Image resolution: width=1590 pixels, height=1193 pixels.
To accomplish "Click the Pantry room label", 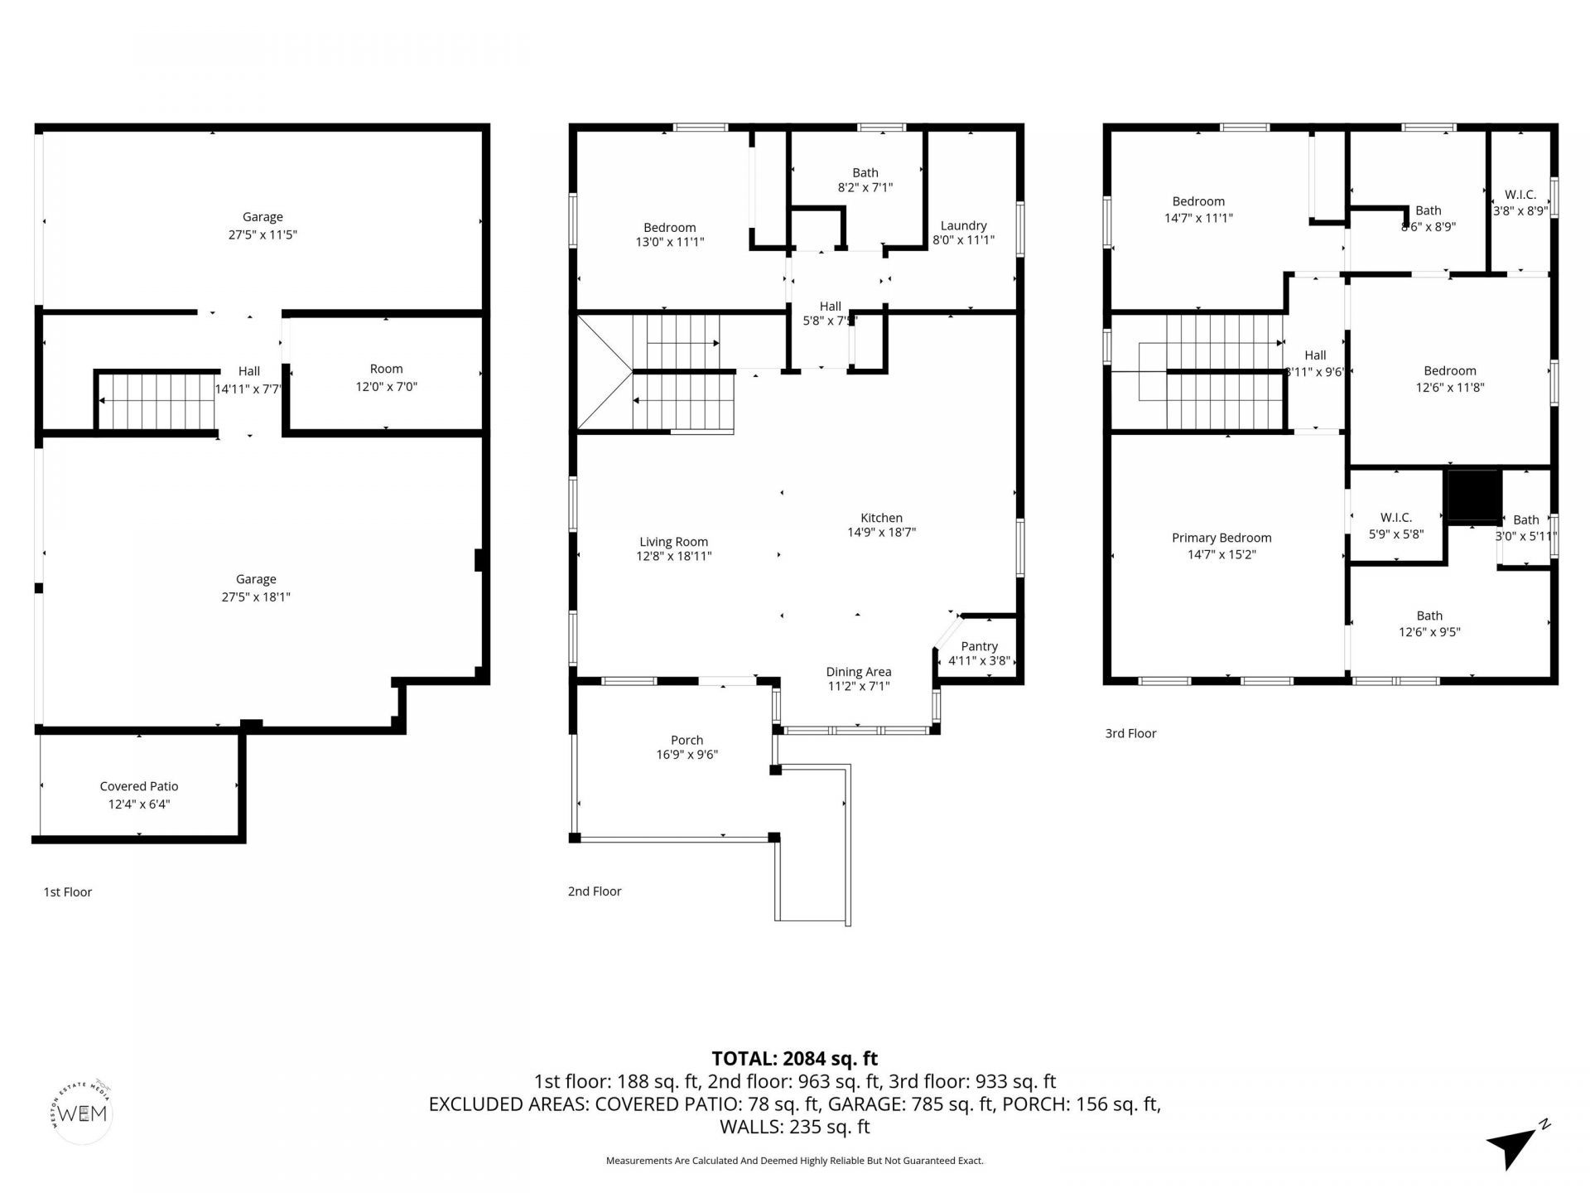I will [979, 646].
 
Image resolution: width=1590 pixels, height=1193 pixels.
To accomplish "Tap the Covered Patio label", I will [139, 786].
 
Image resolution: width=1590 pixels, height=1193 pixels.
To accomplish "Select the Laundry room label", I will [963, 225].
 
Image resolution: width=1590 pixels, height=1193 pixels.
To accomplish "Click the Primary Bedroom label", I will [1221, 538].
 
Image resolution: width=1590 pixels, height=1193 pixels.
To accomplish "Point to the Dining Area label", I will [858, 672].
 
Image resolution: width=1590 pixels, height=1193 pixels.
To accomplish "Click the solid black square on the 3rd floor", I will [1473, 495].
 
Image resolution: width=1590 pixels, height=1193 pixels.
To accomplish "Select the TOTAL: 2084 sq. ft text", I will [794, 1058].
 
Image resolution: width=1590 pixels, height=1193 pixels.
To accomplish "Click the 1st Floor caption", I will [67, 891].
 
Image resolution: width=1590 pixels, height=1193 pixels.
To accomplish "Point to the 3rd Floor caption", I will [1130, 733].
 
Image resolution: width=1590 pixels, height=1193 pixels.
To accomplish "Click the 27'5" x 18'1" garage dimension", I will [256, 596].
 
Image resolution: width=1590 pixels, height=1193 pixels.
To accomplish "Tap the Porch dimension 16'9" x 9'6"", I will [687, 755].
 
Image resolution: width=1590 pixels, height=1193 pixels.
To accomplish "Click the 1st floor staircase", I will [157, 401].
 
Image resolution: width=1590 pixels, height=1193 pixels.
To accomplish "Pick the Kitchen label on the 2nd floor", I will [881, 518].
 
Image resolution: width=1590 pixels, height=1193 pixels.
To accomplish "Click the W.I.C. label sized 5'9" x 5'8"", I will [1396, 525].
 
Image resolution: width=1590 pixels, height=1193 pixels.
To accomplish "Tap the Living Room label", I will [673, 542].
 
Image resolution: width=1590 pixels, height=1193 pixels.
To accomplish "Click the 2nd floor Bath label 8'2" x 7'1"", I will [865, 180].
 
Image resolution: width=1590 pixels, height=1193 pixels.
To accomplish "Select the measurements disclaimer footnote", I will [794, 1161].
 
